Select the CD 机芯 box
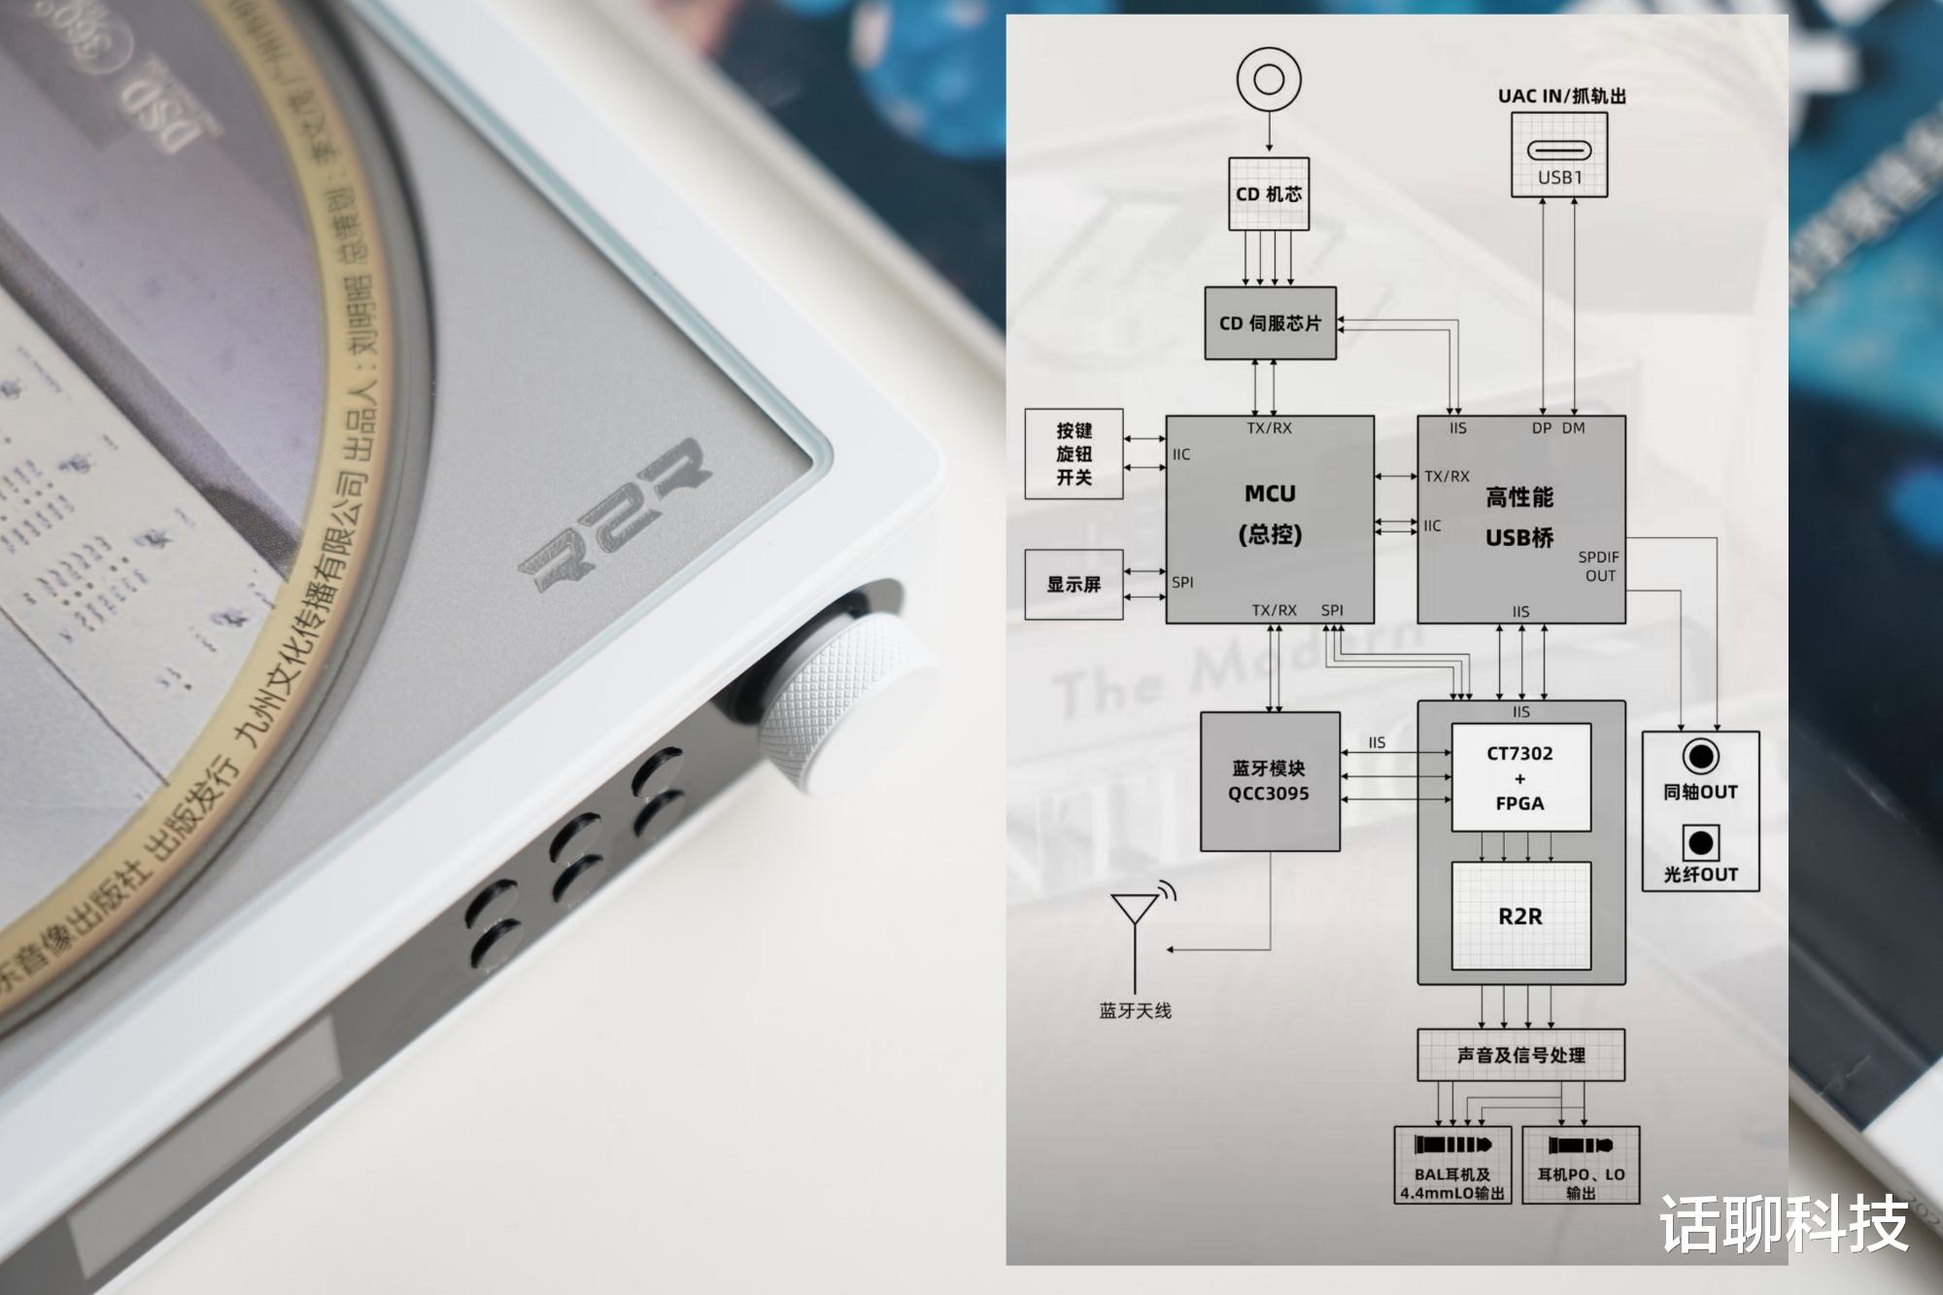pyautogui.click(x=1269, y=194)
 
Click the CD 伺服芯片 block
pyautogui.click(x=1270, y=324)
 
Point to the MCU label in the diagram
pyautogui.click(x=1270, y=494)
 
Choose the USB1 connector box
pyautogui.click(x=1559, y=154)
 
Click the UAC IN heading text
pyautogui.click(x=1561, y=95)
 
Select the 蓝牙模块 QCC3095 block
pyautogui.click(x=1269, y=781)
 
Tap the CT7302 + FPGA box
pyautogui.click(x=1520, y=777)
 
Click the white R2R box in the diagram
pyautogui.click(x=1520, y=915)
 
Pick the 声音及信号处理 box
pyautogui.click(x=1520, y=1055)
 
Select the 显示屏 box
pyautogui.click(x=1074, y=584)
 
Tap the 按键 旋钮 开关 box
pyautogui.click(x=1074, y=454)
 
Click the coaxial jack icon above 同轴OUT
pyautogui.click(x=1700, y=755)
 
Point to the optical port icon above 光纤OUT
pyautogui.click(x=1700, y=840)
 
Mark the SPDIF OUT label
pyautogui.click(x=1599, y=566)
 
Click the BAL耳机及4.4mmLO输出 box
pyautogui.click(x=1452, y=1166)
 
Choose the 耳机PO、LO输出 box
pyautogui.click(x=1581, y=1166)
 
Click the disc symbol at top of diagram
pyautogui.click(x=1269, y=80)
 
